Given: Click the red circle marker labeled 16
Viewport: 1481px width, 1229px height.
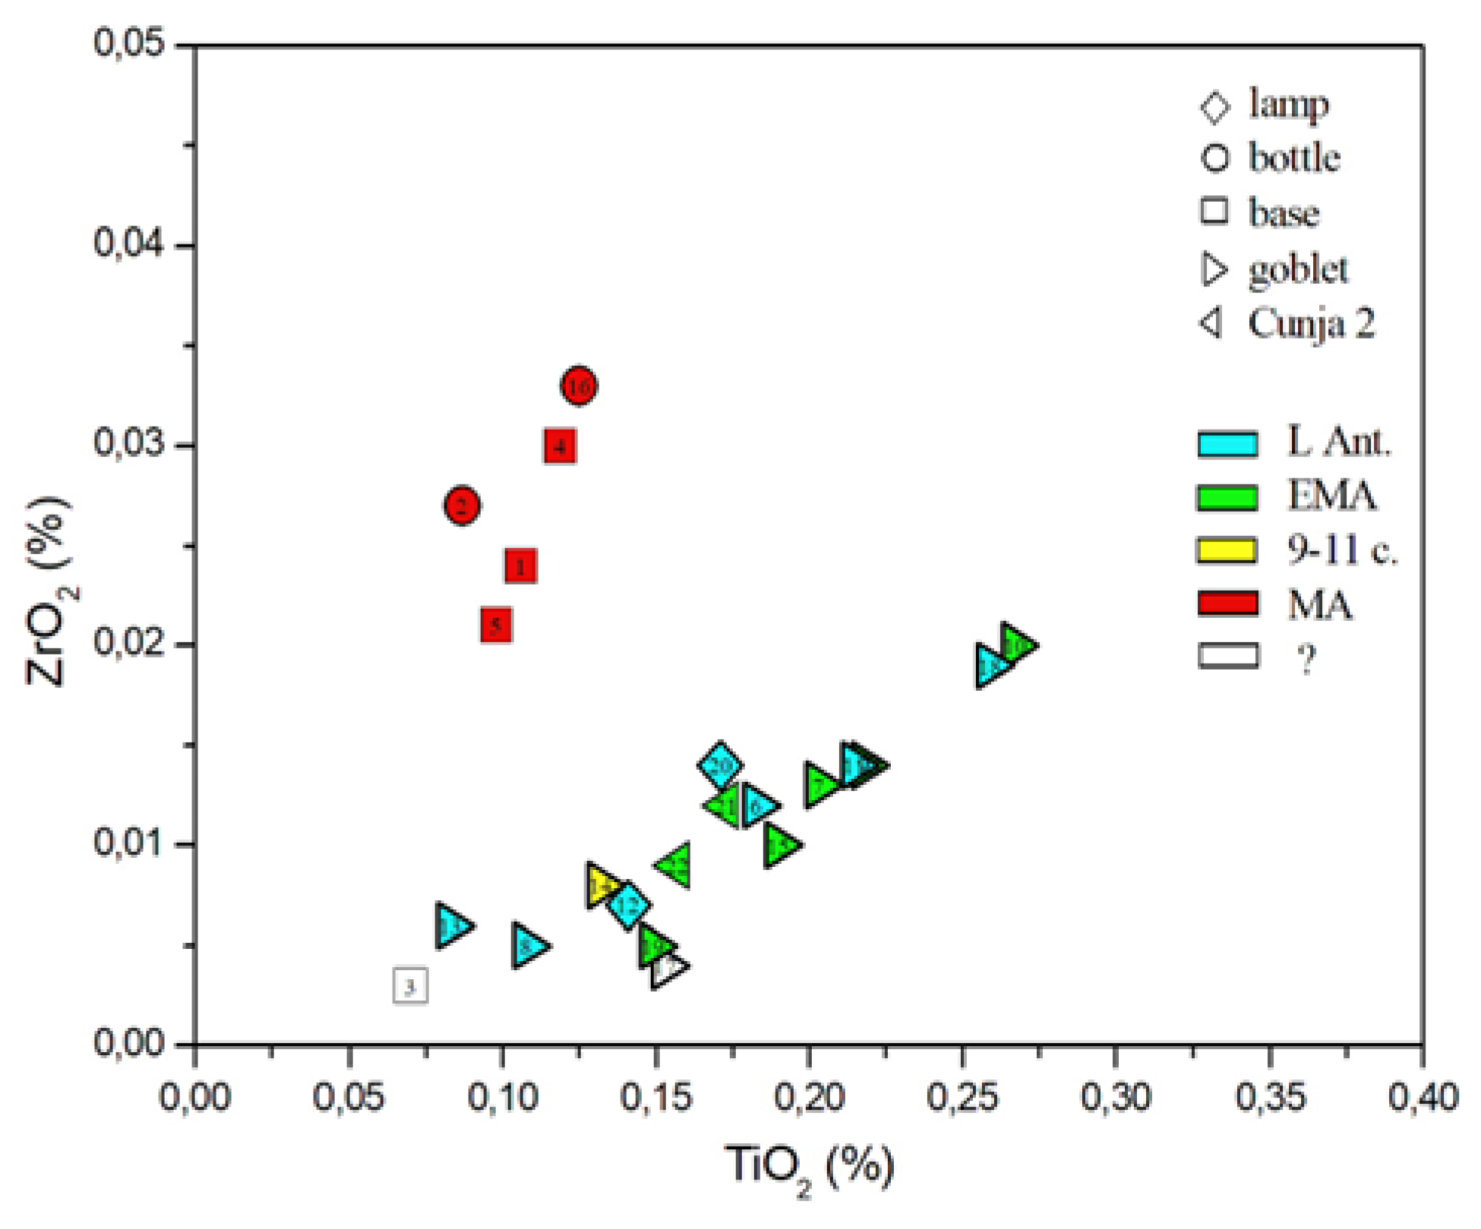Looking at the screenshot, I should pyautogui.click(x=579, y=386).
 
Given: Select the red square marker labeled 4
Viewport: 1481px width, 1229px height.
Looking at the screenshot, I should pyautogui.click(x=560, y=446).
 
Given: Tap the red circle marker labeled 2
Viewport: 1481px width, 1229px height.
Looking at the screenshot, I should pyautogui.click(x=462, y=506).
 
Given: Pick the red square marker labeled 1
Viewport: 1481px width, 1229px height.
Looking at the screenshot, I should pyautogui.click(x=520, y=566).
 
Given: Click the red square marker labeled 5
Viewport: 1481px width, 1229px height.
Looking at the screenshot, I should pyautogui.click(x=495, y=626).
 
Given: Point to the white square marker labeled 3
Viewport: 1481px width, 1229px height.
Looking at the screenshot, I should pyautogui.click(x=410, y=986).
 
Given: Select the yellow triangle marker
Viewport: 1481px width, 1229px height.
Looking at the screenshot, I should pyautogui.click(x=601, y=885).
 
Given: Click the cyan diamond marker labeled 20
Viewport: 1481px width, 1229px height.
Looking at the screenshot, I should pyautogui.click(x=720, y=765).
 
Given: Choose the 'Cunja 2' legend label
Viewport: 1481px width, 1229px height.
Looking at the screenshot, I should pyautogui.click(x=1311, y=323).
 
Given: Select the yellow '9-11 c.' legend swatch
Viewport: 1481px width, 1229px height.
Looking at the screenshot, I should pyautogui.click(x=1227, y=550).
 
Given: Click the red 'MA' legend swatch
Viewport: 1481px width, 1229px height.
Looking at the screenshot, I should pyautogui.click(x=1227, y=603).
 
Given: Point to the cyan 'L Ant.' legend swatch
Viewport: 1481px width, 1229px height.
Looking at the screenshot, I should pyautogui.click(x=1227, y=443).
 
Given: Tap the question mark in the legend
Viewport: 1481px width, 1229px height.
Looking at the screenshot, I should pyautogui.click(x=1306, y=659).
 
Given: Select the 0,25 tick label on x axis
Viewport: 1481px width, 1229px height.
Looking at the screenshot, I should pyautogui.click(x=962, y=1098).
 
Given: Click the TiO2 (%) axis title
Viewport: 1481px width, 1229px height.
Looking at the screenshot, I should pyautogui.click(x=810, y=1167).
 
